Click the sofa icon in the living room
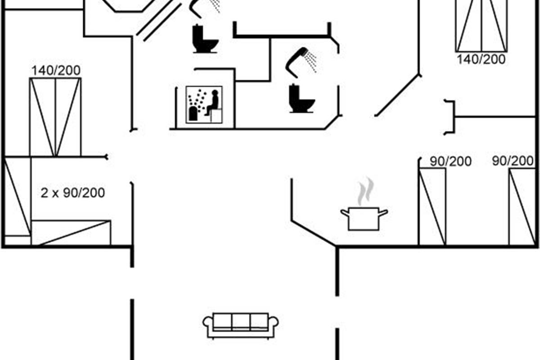(241, 326)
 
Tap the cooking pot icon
(364, 218)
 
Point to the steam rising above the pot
(366, 191)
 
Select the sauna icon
(204, 105)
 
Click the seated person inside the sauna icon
(212, 103)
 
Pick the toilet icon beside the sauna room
(205, 39)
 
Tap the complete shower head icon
(301, 62)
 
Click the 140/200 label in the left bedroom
(56, 71)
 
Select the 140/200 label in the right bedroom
(481, 59)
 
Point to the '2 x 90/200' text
(73, 193)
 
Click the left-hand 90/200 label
(450, 162)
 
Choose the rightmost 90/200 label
(513, 161)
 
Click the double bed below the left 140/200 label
(55, 117)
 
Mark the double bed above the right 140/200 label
(481, 25)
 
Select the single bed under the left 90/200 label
(432, 207)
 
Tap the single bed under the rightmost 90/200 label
(522, 207)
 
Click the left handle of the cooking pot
(345, 213)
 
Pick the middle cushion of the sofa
(241, 322)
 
